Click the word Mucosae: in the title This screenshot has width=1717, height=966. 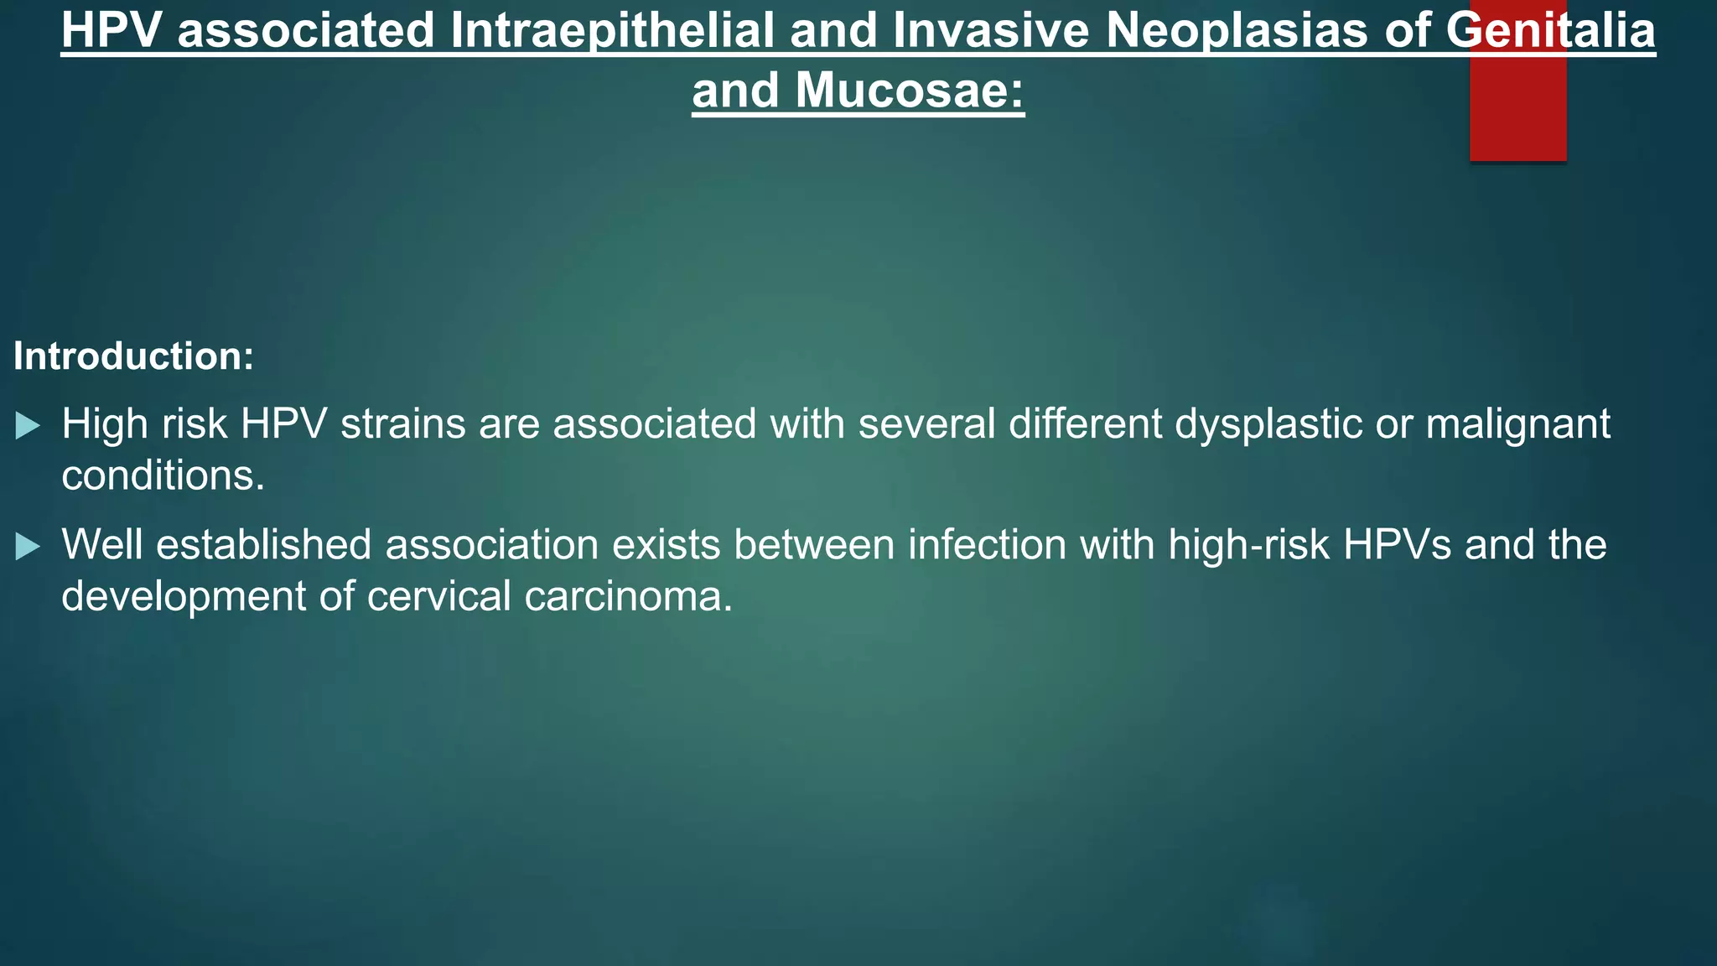(910, 91)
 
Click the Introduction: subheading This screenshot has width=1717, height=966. (133, 356)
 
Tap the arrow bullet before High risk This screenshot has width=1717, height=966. (28, 426)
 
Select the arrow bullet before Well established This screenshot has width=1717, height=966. (28, 547)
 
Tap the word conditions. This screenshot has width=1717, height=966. (163, 475)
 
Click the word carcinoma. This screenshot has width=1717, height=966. (628, 596)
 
